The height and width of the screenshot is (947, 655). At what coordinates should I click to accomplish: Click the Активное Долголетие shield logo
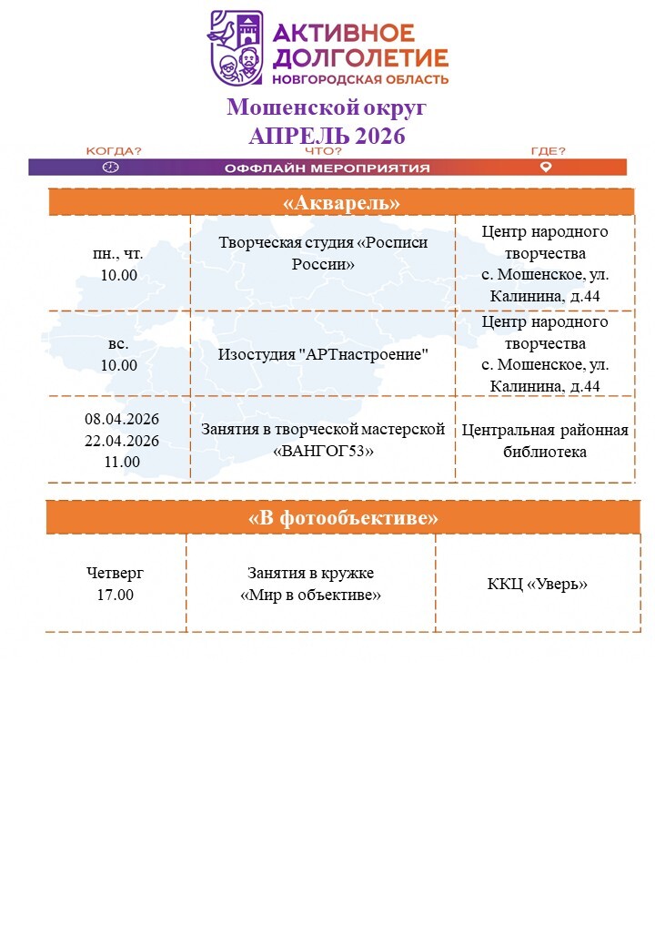(x=237, y=47)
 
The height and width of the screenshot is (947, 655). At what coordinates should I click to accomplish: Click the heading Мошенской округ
(x=327, y=108)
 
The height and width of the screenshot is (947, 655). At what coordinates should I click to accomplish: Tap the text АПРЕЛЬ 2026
(x=327, y=136)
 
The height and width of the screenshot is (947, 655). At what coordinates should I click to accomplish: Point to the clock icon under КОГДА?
(x=111, y=168)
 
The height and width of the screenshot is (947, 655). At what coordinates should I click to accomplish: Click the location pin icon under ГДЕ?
(x=546, y=168)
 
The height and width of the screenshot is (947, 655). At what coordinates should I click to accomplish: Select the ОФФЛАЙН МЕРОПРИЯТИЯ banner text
(x=327, y=168)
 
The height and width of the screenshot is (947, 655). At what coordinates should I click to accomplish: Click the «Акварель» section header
(x=341, y=202)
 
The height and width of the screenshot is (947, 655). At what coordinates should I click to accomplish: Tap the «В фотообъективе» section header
(x=343, y=517)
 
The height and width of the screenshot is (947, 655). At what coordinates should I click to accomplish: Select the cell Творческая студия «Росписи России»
(x=323, y=253)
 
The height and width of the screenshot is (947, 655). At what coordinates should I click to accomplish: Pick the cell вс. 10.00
(x=118, y=355)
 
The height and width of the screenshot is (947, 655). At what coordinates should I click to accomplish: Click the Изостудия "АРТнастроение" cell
(x=323, y=353)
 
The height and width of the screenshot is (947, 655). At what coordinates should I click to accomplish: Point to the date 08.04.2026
(x=122, y=420)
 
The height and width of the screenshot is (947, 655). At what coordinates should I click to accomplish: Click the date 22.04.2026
(x=122, y=441)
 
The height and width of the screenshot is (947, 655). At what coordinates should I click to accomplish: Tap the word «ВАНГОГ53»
(x=323, y=451)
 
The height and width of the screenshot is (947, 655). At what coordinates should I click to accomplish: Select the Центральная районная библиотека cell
(x=545, y=441)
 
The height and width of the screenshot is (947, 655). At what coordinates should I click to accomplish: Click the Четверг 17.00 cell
(x=115, y=584)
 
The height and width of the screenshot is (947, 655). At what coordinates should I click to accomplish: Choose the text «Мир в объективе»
(x=310, y=595)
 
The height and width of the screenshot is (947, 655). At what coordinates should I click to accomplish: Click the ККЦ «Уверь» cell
(x=537, y=584)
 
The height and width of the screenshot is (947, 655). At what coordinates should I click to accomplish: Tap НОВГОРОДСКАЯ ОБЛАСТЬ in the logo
(x=374, y=79)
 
